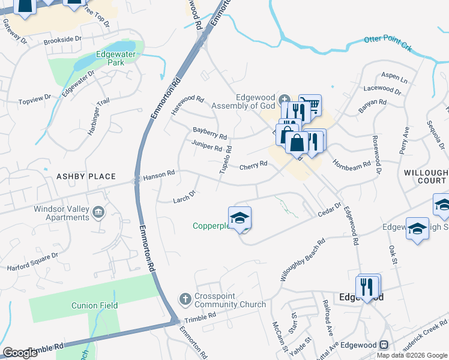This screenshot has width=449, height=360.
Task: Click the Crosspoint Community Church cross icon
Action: [185, 299]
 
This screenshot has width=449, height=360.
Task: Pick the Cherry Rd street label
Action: [253, 166]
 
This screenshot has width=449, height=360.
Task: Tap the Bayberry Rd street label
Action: [209, 133]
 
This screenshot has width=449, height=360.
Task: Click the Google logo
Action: [20, 352]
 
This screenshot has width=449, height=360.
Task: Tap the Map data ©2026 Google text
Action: [411, 355]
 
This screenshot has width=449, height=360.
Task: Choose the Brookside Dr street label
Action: [62, 40]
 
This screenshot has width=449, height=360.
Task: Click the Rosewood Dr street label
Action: [378, 158]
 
